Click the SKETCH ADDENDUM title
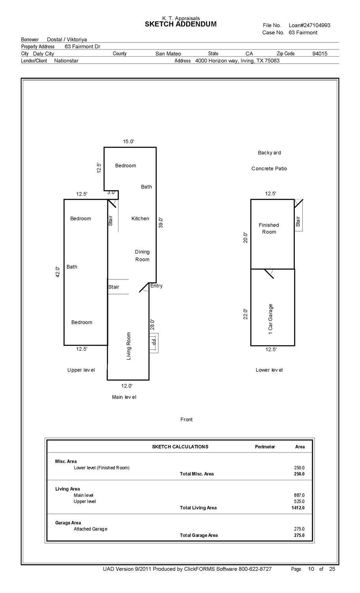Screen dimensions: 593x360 pyautogui.click(x=180, y=24)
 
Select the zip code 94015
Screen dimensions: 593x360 pyautogui.click(x=320, y=54)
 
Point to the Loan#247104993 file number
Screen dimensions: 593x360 pyautogui.click(x=309, y=25)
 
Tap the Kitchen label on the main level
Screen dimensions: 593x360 pyautogui.click(x=140, y=219)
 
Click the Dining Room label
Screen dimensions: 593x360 pyautogui.click(x=142, y=256)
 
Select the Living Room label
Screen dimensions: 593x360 pyautogui.click(x=129, y=346)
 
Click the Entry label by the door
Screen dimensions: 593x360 pyautogui.click(x=156, y=286)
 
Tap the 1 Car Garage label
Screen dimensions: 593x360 pyautogui.click(x=271, y=319)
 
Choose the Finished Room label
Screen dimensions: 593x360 pyautogui.click(x=269, y=228)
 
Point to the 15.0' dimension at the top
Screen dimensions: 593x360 pyautogui.click(x=128, y=141)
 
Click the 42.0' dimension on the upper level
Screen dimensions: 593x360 pyautogui.click(x=58, y=272)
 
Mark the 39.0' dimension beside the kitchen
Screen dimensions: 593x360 pyautogui.click(x=161, y=222)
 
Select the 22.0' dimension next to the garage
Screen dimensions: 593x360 pyautogui.click(x=246, y=314)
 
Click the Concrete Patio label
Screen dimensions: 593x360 pyautogui.click(x=269, y=169)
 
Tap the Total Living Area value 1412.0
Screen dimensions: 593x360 pyautogui.click(x=298, y=508)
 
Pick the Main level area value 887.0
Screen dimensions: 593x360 pyautogui.click(x=299, y=495)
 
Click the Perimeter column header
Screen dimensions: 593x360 pyautogui.click(x=265, y=447)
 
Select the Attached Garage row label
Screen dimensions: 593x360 pyautogui.click(x=90, y=529)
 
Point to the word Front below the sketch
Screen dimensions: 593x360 pyautogui.click(x=186, y=420)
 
